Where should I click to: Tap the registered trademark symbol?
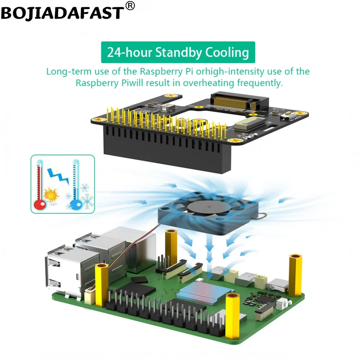pos(130,5)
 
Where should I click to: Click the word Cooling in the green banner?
pos(227,53)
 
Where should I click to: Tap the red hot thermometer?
pos(40,187)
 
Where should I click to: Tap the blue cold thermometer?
pos(76,187)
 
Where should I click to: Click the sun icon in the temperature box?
pos(51,195)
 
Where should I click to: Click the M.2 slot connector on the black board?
pos(239,100)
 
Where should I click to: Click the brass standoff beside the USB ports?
pos(101,284)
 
